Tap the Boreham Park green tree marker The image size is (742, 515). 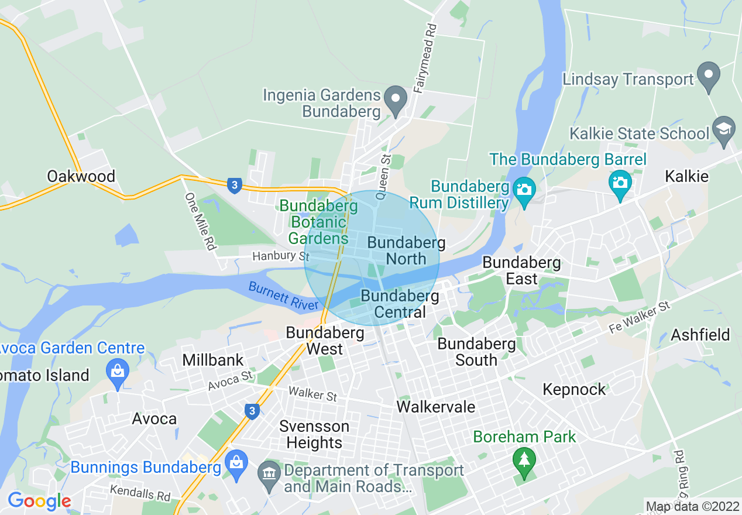[x=524, y=461]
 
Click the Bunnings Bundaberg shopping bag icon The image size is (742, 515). [x=237, y=464]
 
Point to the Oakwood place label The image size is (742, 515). [x=81, y=176]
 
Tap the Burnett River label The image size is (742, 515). [x=283, y=296]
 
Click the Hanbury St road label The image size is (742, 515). [x=280, y=256]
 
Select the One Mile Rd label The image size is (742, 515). [x=199, y=222]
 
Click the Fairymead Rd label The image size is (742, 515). [x=425, y=58]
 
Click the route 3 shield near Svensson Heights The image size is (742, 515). [x=252, y=411]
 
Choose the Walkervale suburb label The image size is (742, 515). [x=435, y=406]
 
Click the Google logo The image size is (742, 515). [x=39, y=501]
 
